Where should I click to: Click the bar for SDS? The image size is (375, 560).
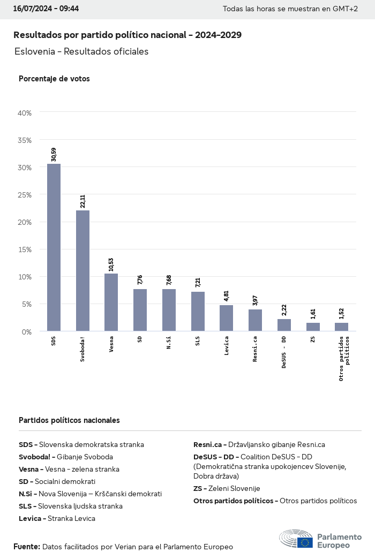pos(54,247)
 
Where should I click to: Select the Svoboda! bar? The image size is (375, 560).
pos(82,270)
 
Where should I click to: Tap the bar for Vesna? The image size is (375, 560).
pos(111,302)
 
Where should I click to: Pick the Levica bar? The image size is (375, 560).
pos(226,318)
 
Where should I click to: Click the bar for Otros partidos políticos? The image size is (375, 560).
pos(341,327)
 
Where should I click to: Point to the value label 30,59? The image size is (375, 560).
pos(54,155)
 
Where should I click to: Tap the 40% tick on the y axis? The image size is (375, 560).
pos(25,113)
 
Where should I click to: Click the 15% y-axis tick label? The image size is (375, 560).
pos(25,249)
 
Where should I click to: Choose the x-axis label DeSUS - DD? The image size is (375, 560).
pos(284,352)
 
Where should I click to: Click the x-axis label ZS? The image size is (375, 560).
pos(312,339)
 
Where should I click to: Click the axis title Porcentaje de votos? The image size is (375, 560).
pos(54,79)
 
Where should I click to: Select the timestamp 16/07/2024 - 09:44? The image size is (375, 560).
pos(46,9)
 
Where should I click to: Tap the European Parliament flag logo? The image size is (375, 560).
pos(305,542)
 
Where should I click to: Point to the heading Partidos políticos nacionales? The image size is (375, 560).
pos(69,420)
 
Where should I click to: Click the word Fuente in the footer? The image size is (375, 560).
pos(26,547)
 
